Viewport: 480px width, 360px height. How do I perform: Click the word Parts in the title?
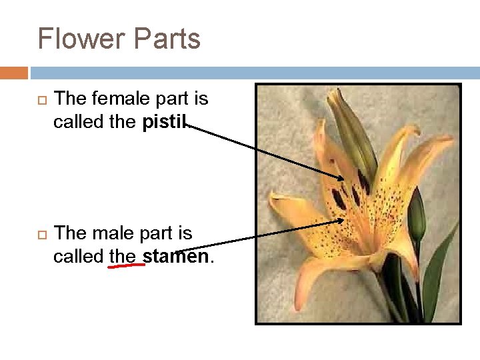tap(167, 39)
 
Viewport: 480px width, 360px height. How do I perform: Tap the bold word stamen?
tap(176, 256)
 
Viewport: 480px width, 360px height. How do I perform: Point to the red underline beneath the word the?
tap(127, 265)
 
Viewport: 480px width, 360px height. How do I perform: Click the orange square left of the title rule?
tap(14, 72)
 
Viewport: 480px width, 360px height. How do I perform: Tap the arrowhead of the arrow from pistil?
tap(341, 177)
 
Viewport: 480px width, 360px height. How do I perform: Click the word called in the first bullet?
tap(77, 122)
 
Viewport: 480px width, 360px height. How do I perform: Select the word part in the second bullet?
tap(159, 233)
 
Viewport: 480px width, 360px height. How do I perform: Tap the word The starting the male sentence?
tap(68, 233)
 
